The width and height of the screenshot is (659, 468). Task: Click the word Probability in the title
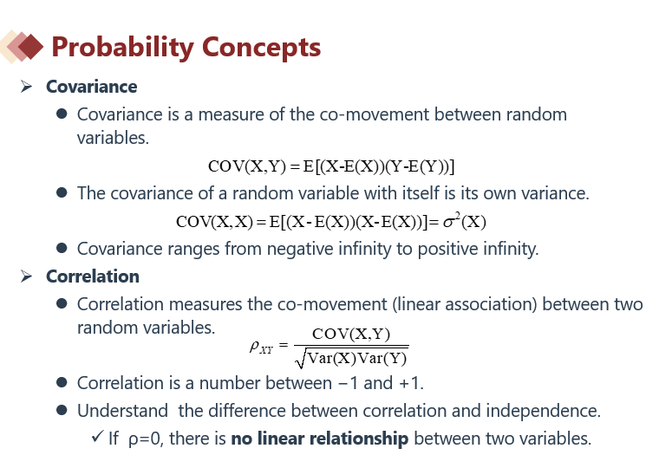pyautogui.click(x=122, y=48)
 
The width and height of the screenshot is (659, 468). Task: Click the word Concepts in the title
pyautogui.click(x=261, y=47)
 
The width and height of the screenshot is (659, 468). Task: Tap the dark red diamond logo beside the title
pyautogui.click(x=29, y=47)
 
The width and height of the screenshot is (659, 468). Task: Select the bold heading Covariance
pyautogui.click(x=92, y=87)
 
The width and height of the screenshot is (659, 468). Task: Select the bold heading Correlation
pyautogui.click(x=93, y=276)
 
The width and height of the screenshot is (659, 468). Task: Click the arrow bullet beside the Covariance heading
pyautogui.click(x=26, y=87)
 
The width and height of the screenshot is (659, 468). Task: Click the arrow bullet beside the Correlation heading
pyautogui.click(x=26, y=276)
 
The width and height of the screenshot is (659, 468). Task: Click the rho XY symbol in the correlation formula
pyautogui.click(x=261, y=348)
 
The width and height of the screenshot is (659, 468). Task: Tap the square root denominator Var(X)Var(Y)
pyautogui.click(x=351, y=358)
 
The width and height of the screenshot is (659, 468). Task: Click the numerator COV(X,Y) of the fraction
pyautogui.click(x=351, y=334)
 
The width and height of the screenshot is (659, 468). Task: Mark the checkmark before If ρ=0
pyautogui.click(x=97, y=437)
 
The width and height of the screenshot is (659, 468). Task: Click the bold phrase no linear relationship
pyautogui.click(x=320, y=439)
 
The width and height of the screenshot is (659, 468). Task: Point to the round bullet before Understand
pyautogui.click(x=62, y=410)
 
